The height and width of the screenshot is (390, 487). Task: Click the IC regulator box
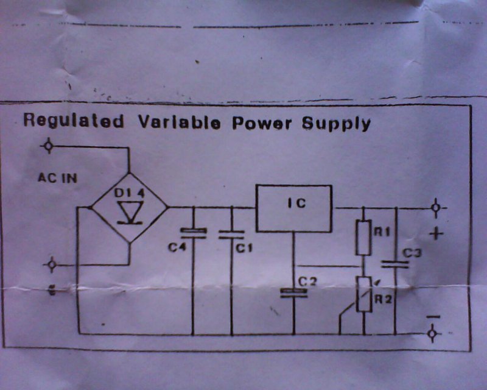[293, 208]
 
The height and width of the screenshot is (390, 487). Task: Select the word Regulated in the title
[72, 121]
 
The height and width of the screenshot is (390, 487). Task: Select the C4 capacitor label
[178, 248]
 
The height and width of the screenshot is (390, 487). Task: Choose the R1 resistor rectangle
[363, 238]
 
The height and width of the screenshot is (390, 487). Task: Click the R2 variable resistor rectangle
[363, 294]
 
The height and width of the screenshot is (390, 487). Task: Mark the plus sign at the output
[436, 233]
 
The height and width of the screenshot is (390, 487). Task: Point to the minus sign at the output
[433, 317]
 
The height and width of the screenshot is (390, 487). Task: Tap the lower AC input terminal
[52, 264]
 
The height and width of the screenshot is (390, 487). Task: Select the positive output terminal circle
[435, 208]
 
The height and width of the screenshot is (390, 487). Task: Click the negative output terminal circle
[433, 334]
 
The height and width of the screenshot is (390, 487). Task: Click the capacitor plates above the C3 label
[395, 264]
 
